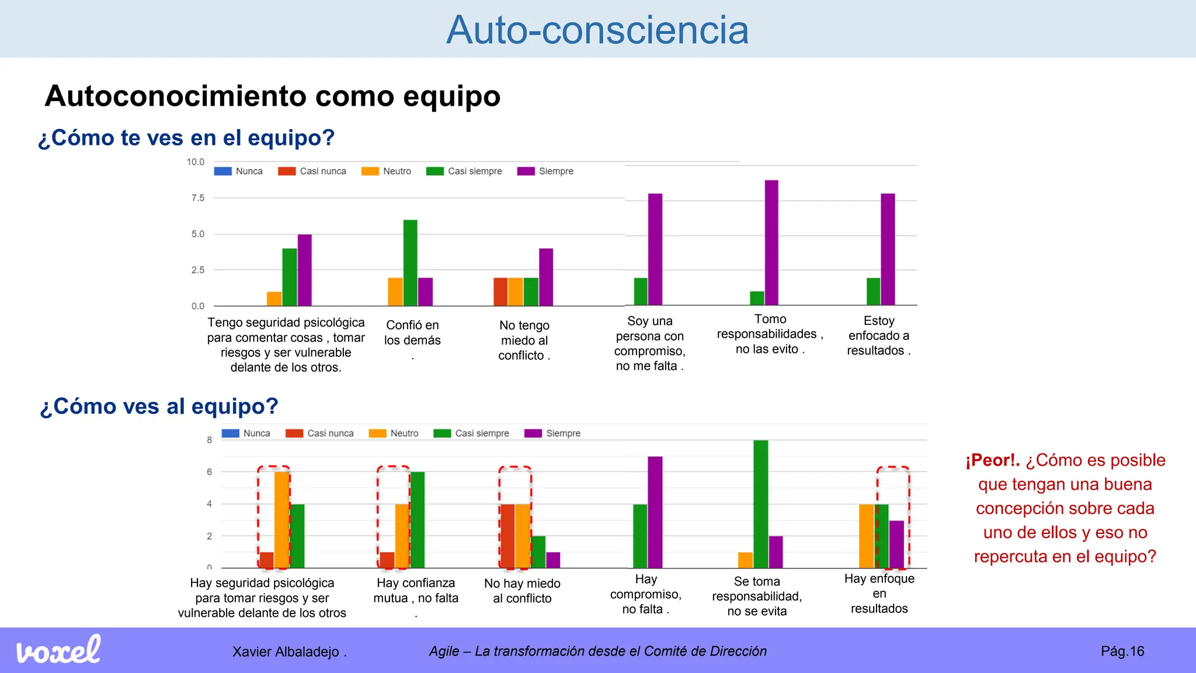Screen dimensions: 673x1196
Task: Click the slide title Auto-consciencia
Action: (x=597, y=30)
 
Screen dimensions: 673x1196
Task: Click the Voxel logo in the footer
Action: (x=58, y=650)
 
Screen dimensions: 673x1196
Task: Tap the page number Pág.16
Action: (x=1122, y=651)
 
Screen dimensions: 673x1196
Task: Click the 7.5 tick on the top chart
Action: (x=198, y=198)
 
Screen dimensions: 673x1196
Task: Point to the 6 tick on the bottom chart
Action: (x=209, y=472)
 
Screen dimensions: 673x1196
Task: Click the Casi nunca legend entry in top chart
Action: (x=312, y=171)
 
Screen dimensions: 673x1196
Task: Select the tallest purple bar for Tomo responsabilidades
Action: (x=771, y=242)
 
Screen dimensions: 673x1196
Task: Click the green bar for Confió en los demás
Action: (x=410, y=263)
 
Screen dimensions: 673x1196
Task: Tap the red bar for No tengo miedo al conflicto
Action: (x=500, y=292)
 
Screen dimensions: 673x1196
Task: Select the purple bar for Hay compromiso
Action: (x=655, y=512)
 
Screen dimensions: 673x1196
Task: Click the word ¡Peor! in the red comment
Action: (x=992, y=460)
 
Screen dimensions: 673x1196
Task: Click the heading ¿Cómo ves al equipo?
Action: (x=159, y=407)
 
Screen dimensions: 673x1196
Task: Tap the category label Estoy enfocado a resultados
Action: (x=878, y=336)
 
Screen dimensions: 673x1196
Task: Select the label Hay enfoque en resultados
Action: (x=879, y=594)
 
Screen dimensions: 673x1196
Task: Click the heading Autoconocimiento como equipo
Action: (x=272, y=96)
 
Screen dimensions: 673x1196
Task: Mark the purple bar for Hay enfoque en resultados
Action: (x=896, y=544)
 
